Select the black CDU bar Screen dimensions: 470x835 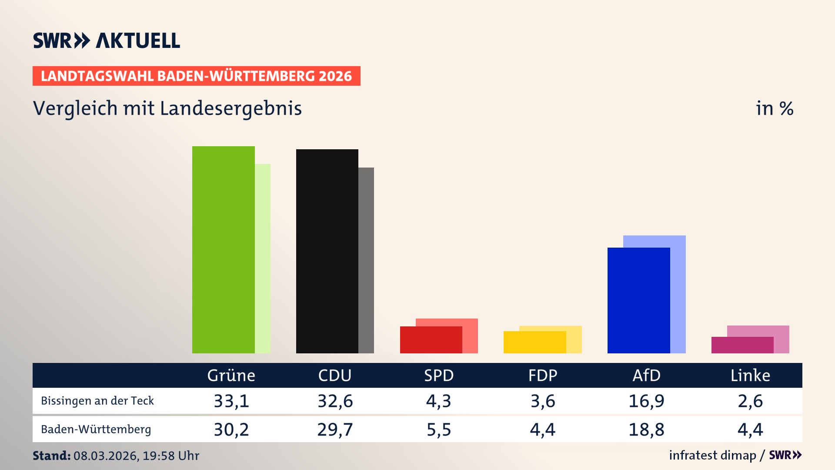tap(327, 251)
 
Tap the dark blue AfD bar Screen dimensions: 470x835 tap(638, 300)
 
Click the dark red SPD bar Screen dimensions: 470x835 tap(431, 340)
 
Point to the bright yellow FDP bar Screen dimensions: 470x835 tap(534, 342)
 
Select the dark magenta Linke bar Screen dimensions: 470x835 tap(742, 345)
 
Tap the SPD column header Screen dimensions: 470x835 tap(439, 375)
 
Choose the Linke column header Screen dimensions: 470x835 tap(750, 375)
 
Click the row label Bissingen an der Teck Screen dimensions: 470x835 tap(97, 401)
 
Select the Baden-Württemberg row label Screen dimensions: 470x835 tap(96, 430)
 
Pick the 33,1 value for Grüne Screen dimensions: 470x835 tap(231, 401)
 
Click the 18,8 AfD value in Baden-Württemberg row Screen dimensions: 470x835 tap(646, 430)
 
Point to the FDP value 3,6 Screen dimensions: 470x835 tap(543, 401)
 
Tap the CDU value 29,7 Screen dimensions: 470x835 tap(335, 430)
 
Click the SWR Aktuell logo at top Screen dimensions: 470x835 tap(107, 40)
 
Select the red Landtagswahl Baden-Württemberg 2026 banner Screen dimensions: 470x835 tap(196, 76)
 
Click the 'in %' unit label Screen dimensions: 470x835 tap(774, 108)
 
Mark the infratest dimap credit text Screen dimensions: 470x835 tap(712, 455)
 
